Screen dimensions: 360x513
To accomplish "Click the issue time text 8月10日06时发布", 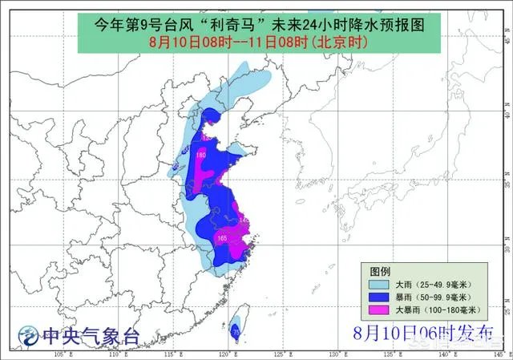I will tap(422, 332).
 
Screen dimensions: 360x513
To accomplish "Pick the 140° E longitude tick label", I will tap(446, 353).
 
